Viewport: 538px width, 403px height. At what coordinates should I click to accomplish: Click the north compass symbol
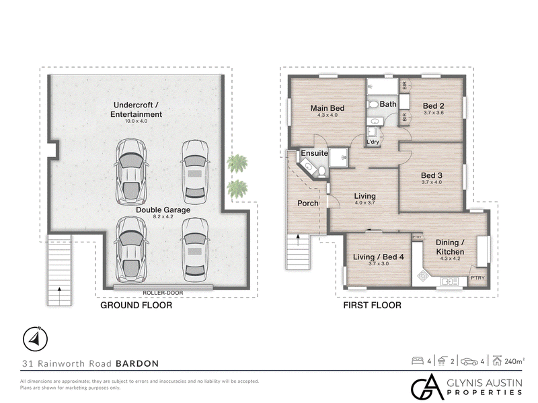35,339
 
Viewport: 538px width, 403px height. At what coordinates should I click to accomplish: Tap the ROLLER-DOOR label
163,293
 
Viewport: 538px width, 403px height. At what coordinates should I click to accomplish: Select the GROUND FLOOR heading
137,305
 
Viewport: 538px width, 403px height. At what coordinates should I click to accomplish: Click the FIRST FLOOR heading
373,305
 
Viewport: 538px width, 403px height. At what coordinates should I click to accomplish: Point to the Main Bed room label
328,108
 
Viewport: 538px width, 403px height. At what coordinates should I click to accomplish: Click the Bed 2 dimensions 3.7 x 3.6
434,112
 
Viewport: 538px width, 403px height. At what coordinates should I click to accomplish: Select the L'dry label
373,142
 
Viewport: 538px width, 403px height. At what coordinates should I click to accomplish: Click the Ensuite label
314,153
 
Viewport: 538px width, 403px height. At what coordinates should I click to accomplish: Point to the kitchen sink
449,281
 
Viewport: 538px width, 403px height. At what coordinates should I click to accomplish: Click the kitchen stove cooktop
423,275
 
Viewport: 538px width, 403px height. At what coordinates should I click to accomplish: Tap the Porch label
308,204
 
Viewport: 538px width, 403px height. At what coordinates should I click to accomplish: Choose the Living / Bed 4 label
379,257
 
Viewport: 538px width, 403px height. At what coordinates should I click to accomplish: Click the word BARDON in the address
137,363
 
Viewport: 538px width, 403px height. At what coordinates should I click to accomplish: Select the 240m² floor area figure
514,361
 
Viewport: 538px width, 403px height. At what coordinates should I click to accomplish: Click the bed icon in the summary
417,361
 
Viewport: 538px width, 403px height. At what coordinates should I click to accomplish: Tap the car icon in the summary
469,361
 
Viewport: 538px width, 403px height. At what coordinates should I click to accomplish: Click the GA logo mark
428,387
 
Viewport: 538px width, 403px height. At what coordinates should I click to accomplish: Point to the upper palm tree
237,163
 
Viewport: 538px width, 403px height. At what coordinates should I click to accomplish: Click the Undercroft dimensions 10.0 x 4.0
137,121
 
